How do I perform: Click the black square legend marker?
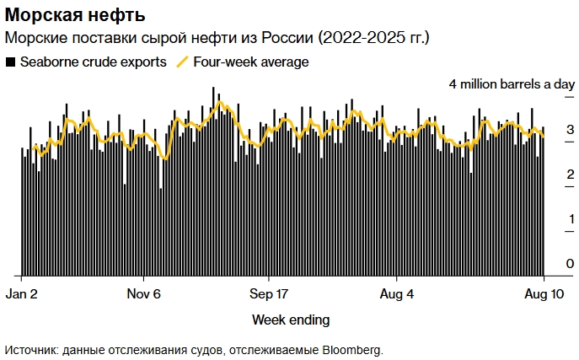(10, 62)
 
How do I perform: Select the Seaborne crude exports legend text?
(93, 62)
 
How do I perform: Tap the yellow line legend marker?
(182, 62)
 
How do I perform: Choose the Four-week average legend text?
(250, 62)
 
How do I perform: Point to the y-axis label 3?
(571, 130)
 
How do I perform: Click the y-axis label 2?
(571, 175)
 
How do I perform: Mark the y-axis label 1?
(571, 219)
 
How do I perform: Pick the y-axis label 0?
(571, 264)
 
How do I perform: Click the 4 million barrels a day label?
(512, 84)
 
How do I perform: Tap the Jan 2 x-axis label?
(22, 294)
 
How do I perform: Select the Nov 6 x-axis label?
(144, 294)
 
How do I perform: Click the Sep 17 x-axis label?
(269, 294)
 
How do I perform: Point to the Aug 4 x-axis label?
(398, 294)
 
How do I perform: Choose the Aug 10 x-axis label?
(544, 294)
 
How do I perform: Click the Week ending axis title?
(291, 320)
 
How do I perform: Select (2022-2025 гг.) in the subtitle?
(373, 38)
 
